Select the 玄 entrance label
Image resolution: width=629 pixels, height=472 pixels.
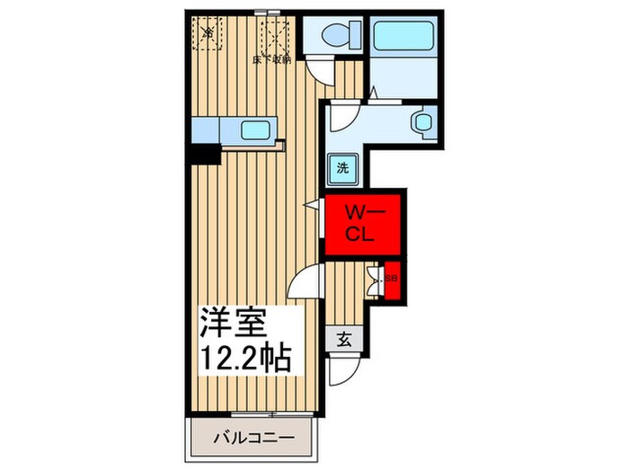(344, 339)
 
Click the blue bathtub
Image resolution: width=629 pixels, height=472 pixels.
(403, 37)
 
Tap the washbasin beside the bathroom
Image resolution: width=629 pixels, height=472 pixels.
(421, 120)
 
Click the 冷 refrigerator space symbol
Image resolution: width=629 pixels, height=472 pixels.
(208, 32)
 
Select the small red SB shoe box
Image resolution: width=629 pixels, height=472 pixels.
(391, 280)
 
